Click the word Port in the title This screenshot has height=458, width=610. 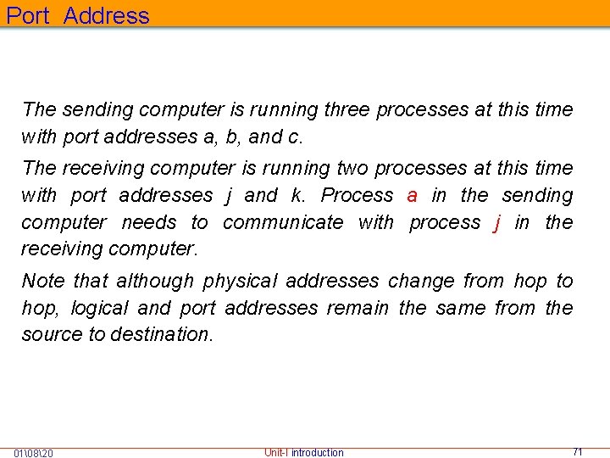[28, 15]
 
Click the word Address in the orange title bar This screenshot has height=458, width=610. [106, 15]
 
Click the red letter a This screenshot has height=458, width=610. [412, 196]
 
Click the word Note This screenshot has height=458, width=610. [42, 281]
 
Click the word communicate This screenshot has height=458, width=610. [283, 222]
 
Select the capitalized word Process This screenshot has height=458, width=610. [357, 195]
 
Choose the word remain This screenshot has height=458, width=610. [358, 308]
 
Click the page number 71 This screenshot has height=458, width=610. [578, 452]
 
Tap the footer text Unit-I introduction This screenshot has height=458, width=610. [303, 452]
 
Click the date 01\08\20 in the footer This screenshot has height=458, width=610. [34, 453]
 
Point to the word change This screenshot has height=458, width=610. [415, 281]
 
